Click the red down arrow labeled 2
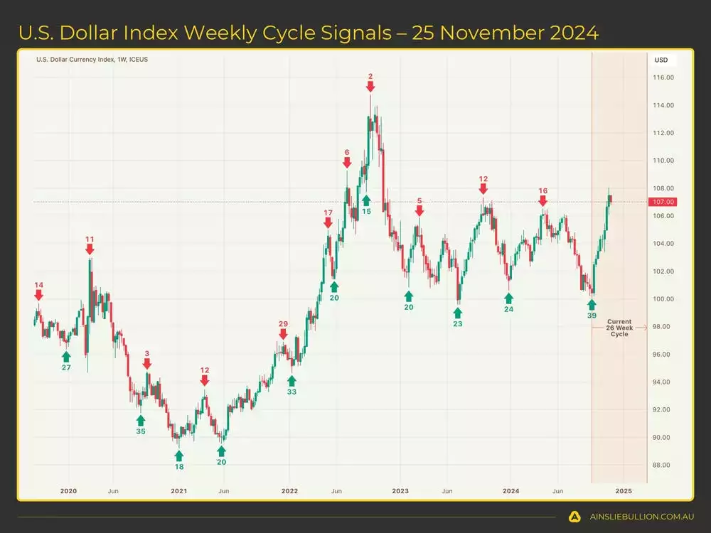coord(370,86)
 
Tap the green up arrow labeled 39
coord(592,304)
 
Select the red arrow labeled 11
coord(90,249)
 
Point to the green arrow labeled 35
coord(140,420)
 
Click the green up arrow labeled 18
coord(178,456)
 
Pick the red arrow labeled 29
coord(283,334)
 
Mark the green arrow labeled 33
coord(292,381)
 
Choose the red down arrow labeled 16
coord(543,201)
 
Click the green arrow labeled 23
coord(457,313)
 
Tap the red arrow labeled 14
coord(38,295)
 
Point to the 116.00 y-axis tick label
coord(664,77)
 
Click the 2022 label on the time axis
coord(289,491)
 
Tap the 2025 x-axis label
coord(623,491)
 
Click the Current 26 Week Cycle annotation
coord(619,328)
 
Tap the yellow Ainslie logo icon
coord(574,517)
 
